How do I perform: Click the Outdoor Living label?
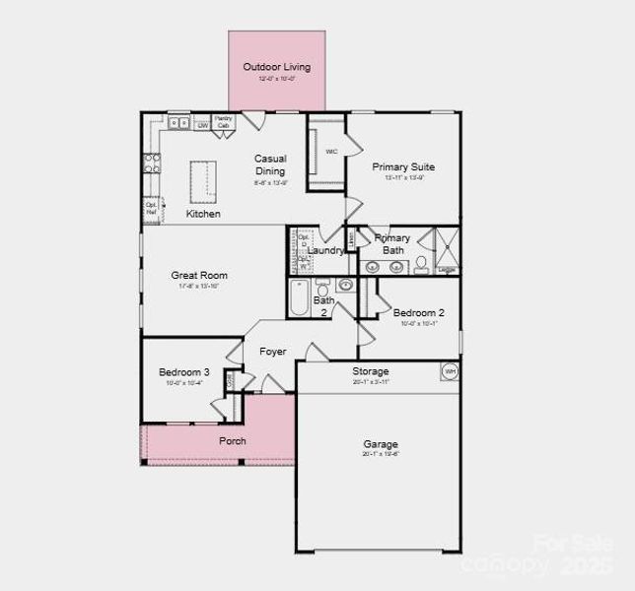(x=277, y=67)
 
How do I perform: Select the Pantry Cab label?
(x=224, y=122)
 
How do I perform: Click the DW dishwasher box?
(x=202, y=125)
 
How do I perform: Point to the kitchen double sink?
(x=178, y=123)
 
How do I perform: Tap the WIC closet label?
(x=332, y=152)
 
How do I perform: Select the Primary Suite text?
(x=403, y=167)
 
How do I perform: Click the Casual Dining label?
(x=270, y=164)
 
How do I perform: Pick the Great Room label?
(x=199, y=276)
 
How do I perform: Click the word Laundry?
(x=325, y=250)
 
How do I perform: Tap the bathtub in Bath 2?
(x=299, y=297)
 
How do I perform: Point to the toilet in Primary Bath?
(x=421, y=263)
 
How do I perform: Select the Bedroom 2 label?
(x=418, y=313)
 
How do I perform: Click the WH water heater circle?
(x=450, y=371)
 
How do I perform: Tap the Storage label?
(x=371, y=371)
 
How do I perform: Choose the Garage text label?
(x=380, y=444)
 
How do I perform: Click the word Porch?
(x=233, y=440)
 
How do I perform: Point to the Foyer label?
(x=273, y=352)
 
